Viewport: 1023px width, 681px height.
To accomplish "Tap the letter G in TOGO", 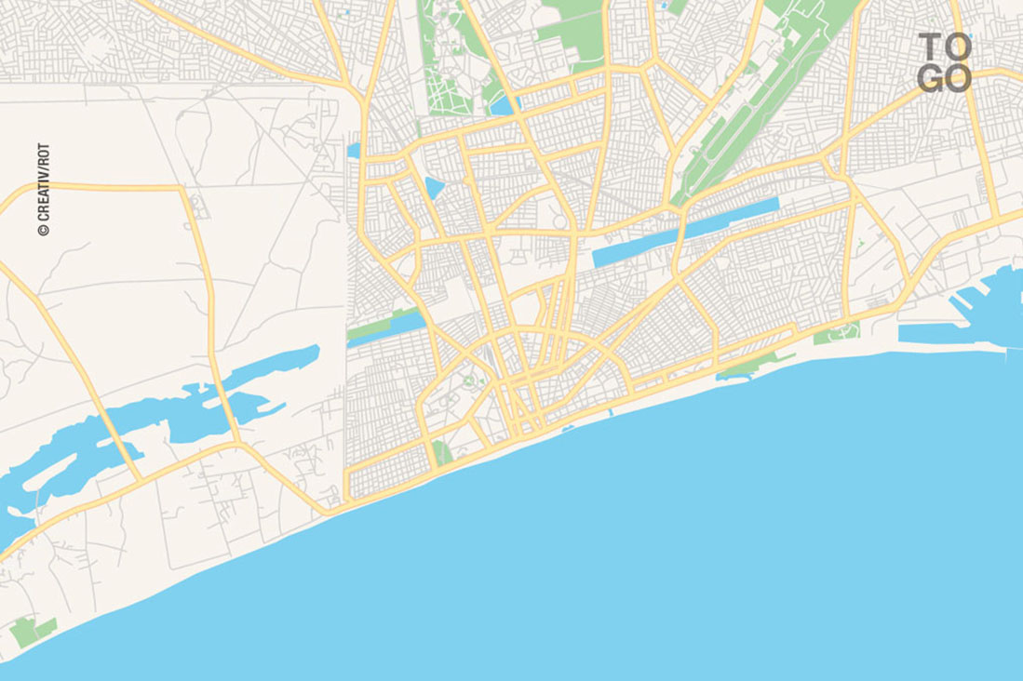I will pos(931,78).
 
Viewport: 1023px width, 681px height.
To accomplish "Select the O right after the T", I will pos(958,47).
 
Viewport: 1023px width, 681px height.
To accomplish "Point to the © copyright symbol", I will pos(43,229).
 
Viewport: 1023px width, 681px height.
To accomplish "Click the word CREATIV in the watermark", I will pos(43,198).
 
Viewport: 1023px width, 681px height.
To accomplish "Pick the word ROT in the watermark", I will pos(43,155).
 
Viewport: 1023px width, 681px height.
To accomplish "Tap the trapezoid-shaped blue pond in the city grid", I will pos(435,188).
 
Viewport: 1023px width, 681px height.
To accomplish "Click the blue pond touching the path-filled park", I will pos(502,105).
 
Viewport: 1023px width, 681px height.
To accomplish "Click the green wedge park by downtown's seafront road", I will pos(442,453).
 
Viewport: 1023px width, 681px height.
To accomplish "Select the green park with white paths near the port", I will pos(836,332).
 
